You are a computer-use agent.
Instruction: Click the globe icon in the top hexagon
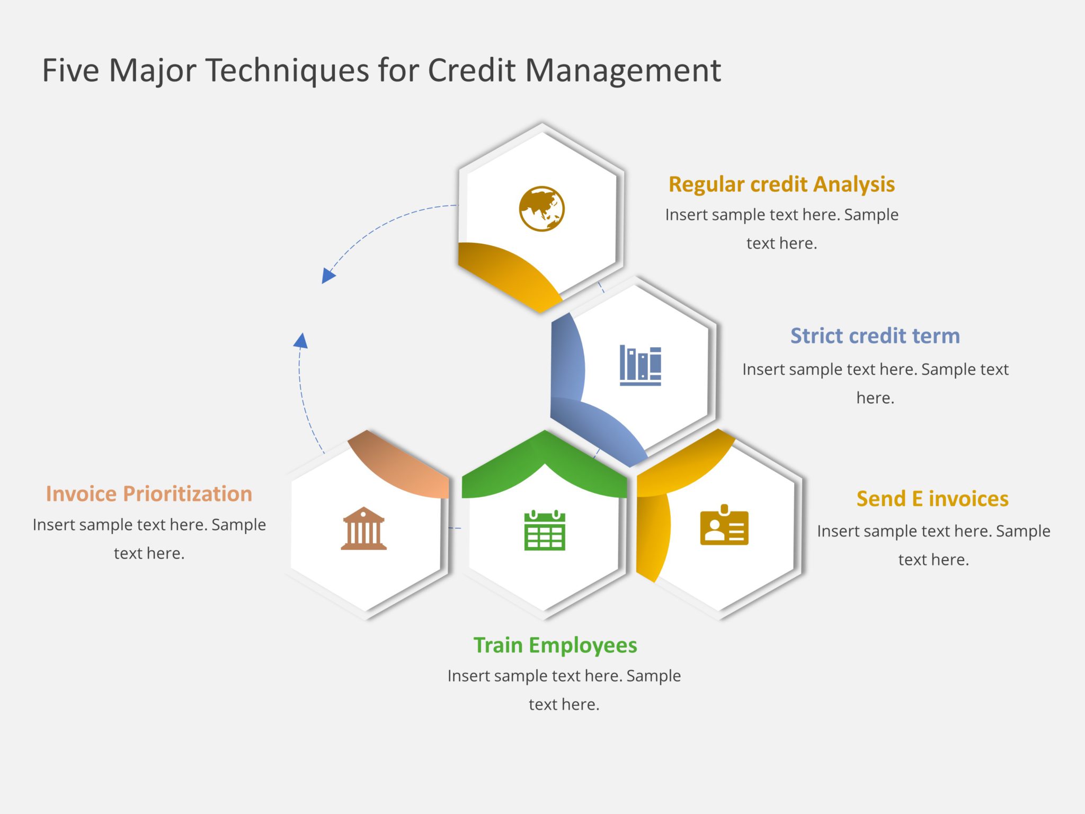541,209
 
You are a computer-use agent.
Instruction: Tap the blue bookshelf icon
640,365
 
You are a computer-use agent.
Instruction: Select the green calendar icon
545,530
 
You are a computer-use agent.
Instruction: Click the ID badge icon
724,526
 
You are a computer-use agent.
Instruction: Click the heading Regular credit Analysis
781,184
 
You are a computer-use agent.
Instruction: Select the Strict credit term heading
875,336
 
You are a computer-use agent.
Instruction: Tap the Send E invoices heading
932,499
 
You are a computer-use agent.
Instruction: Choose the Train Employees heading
555,645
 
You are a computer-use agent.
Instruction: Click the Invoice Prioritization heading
149,494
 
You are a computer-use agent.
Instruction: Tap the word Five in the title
70,70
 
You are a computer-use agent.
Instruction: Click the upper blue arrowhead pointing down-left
328,276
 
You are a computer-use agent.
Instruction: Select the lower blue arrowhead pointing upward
301,341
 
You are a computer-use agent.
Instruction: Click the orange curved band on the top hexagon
509,273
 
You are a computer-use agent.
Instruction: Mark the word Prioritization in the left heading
188,494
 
